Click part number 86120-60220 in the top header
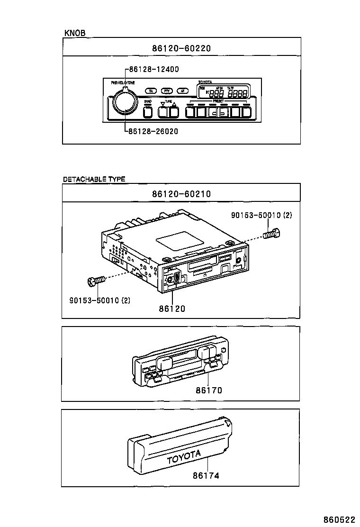[181, 48]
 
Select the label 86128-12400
[153, 69]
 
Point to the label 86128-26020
[153, 131]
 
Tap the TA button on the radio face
[151, 91]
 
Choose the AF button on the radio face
[182, 91]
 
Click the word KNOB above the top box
[74, 33]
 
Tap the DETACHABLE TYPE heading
[94, 179]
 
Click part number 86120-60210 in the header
[181, 194]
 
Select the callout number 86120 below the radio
[172, 309]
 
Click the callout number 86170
[209, 391]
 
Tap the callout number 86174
[206, 475]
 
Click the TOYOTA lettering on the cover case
[184, 457]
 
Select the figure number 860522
[340, 520]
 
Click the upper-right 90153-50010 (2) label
[261, 215]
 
